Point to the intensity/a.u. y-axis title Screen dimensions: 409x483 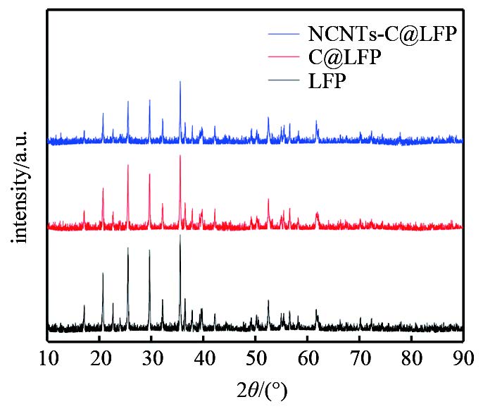tap(22, 186)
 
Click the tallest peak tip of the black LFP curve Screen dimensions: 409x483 tap(180, 235)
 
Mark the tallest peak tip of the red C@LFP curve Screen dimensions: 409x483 tap(180, 155)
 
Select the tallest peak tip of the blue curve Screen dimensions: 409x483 tap(180, 81)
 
